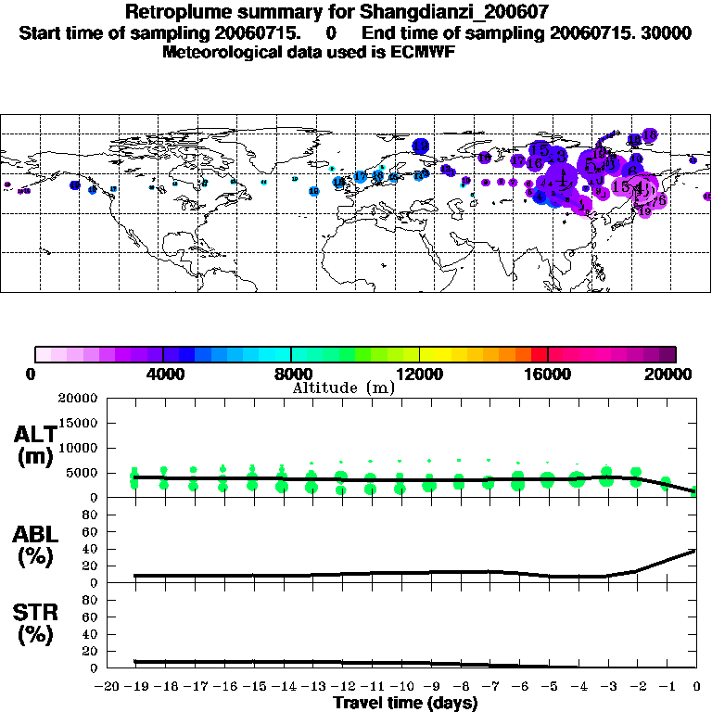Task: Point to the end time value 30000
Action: click(663, 32)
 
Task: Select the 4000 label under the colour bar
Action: click(163, 374)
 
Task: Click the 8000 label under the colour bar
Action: click(291, 374)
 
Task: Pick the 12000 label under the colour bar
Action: click(419, 374)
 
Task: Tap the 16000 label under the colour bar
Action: click(547, 374)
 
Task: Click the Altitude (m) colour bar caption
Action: click(343, 388)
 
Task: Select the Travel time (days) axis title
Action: click(405, 703)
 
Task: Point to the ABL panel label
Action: click(34, 534)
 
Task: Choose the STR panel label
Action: click(34, 613)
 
